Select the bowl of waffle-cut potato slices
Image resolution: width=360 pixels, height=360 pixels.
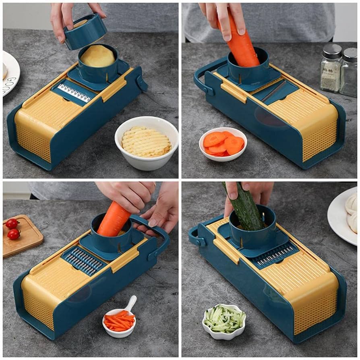pos(146,142)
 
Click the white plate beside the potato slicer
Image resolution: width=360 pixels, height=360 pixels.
pos(10,72)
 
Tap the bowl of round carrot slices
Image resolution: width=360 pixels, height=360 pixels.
pos(223,145)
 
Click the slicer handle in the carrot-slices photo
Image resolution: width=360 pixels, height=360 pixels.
pos(201,81)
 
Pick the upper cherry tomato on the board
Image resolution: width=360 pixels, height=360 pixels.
pos(12,223)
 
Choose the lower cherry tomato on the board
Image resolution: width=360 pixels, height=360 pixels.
pos(14,234)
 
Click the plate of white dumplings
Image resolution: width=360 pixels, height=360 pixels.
pos(344,215)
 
